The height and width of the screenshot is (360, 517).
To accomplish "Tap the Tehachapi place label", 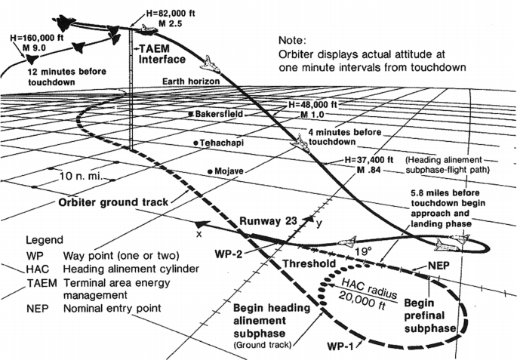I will pos(223,143).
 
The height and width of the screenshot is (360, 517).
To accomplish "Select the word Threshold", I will pos(309,263).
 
